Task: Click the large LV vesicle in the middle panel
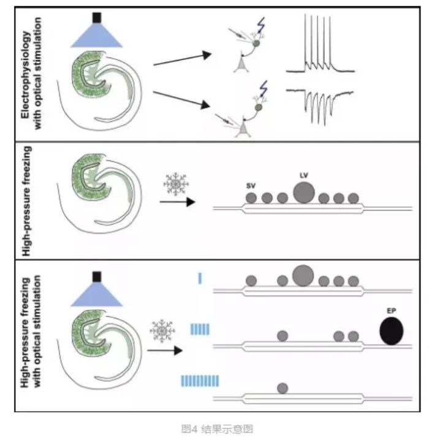(303, 192)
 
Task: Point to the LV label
(303, 175)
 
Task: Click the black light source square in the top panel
(96, 18)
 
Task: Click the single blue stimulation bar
(200, 279)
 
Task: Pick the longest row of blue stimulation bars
(200, 381)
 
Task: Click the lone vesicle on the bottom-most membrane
(283, 388)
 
